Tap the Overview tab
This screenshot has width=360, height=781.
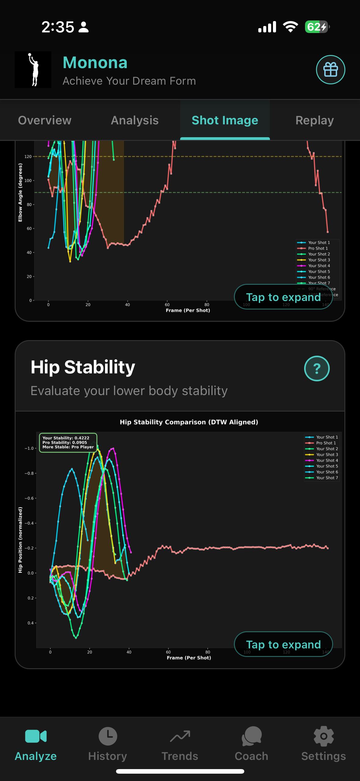pos(45,120)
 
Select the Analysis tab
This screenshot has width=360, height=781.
pos(135,120)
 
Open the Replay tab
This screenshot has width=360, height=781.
pos(315,120)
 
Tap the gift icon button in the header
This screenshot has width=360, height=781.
pos(330,70)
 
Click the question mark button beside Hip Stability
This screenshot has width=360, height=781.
pos(317,369)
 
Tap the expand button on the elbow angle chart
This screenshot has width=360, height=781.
pos(283,297)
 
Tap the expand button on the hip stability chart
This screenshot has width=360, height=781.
pos(283,644)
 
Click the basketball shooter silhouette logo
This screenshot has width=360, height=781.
pos(33,70)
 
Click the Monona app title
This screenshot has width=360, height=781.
pos(95,63)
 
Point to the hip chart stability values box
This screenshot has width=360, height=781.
pos(68,442)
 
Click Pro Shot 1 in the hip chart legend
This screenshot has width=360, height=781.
pos(325,443)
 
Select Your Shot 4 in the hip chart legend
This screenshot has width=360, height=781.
pos(327,460)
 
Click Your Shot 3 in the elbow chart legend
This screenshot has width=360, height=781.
pos(319,260)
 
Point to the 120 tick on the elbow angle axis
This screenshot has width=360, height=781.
pos(28,156)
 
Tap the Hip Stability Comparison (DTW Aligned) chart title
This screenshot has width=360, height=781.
pos(189,422)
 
